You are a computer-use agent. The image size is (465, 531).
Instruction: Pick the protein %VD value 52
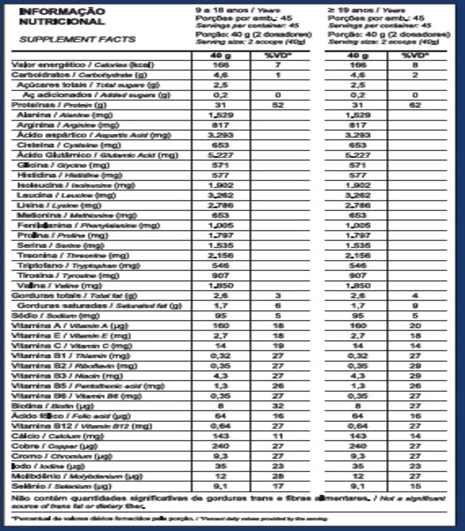[x=278, y=105]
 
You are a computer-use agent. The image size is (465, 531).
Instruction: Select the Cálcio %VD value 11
[x=278, y=435]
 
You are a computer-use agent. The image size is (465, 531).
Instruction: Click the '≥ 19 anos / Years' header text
[x=365, y=11]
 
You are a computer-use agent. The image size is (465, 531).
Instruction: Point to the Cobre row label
[x=52, y=445]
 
